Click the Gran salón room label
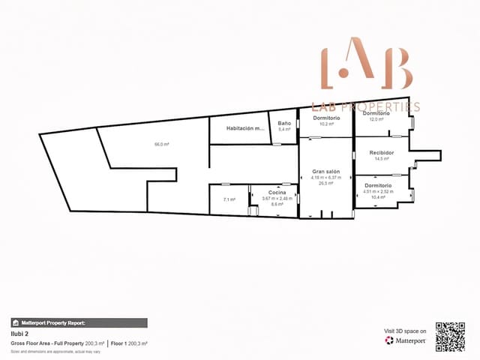click(326, 172)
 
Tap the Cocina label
click(277, 193)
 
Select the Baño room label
click(284, 123)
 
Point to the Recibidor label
click(382, 153)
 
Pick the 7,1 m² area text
click(229, 199)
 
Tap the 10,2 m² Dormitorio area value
click(326, 124)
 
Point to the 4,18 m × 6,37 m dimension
click(326, 177)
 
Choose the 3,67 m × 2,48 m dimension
click(276, 198)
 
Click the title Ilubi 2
click(19, 333)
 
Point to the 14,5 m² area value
click(381, 159)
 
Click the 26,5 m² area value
click(326, 182)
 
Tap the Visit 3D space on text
click(405, 331)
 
